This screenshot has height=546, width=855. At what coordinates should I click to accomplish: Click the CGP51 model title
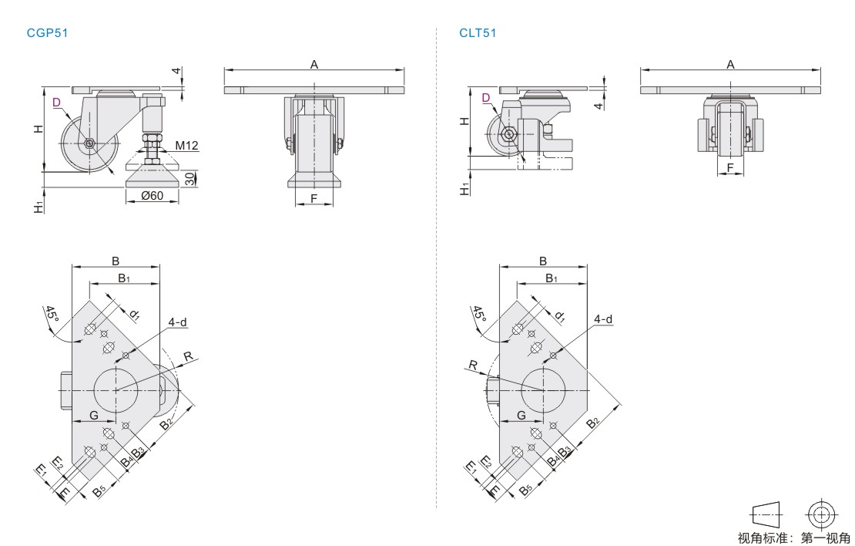coord(48,34)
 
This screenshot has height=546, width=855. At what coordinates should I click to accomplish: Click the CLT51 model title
coord(478,34)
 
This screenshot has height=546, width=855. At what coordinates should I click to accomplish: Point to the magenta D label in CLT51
coord(485,97)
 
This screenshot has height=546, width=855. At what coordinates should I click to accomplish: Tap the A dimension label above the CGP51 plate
coord(314,65)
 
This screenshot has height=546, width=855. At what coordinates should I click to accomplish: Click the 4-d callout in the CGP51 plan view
coord(178,322)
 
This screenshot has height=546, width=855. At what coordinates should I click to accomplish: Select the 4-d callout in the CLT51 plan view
coord(604,319)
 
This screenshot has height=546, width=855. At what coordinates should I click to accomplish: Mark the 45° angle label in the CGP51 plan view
coord(52,313)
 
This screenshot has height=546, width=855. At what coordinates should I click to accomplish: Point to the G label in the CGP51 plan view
coord(93,415)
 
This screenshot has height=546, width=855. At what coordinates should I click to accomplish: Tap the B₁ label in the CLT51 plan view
coord(552,278)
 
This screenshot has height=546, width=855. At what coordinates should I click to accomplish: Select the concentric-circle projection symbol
coord(822,514)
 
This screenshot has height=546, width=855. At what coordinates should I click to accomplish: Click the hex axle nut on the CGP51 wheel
coord(89,143)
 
